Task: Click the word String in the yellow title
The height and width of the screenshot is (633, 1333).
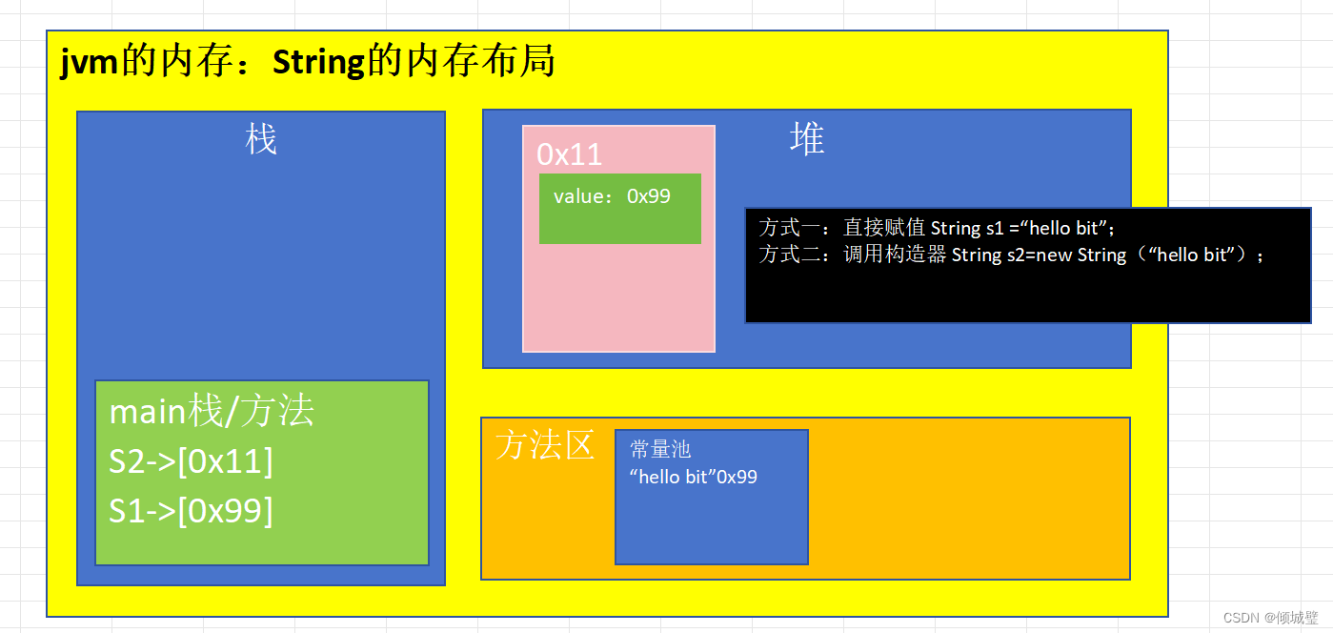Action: coord(318,63)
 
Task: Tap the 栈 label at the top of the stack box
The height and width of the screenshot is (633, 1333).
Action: coord(261,139)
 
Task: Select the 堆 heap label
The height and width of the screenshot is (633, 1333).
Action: coord(806,139)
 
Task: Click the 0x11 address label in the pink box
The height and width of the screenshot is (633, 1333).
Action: coord(569,154)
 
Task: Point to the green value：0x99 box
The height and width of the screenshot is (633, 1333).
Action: coord(619,208)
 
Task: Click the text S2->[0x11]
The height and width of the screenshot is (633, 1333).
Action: coord(191,461)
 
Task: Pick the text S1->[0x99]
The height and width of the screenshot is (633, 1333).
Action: coord(191,511)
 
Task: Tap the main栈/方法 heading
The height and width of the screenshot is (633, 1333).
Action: coord(212,412)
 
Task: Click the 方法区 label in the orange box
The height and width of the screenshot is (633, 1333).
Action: coord(545,445)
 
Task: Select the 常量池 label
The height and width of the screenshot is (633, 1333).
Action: coord(660,450)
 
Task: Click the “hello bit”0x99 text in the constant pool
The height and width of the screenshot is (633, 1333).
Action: coord(693,477)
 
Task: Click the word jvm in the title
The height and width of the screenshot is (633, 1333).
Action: coord(89,63)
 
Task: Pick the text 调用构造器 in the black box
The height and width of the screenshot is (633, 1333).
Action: coord(895,255)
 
